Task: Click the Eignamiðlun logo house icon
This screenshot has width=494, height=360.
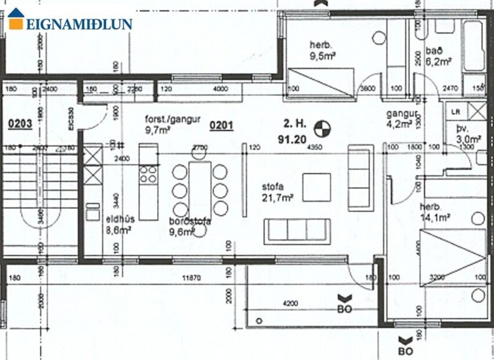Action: click(16, 19)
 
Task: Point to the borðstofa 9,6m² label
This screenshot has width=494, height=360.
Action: click(189, 226)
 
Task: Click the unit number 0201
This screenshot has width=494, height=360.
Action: click(221, 125)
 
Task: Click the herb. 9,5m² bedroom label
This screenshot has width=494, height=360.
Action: click(323, 51)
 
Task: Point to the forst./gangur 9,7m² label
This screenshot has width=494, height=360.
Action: click(164, 124)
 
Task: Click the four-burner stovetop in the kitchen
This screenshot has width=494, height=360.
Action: click(148, 175)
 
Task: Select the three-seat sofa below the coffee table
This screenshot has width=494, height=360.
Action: click(297, 231)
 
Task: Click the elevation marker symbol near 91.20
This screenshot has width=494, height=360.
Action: click(320, 127)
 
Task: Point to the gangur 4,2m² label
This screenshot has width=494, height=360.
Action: click(399, 118)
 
